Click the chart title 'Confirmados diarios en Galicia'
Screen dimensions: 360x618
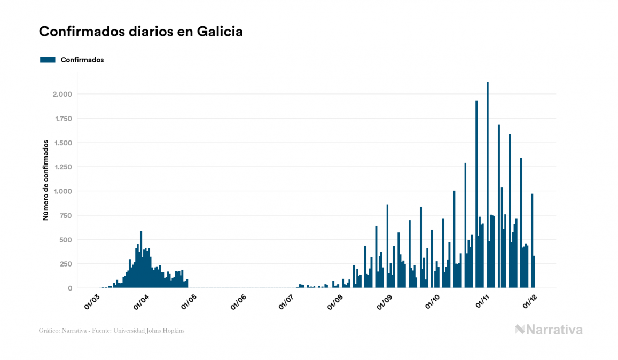(x=141, y=32)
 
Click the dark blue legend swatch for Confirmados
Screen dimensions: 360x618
(x=48, y=60)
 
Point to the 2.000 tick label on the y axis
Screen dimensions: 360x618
(x=62, y=95)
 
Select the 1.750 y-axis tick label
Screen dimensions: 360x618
(x=62, y=119)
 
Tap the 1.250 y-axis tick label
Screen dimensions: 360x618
(x=62, y=167)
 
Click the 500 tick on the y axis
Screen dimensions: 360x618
(x=65, y=240)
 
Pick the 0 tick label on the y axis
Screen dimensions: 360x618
(x=69, y=288)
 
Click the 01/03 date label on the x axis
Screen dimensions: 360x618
(x=92, y=302)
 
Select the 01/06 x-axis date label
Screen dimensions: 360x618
(x=238, y=302)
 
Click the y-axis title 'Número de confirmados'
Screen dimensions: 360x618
(x=46, y=181)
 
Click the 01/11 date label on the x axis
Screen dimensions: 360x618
(x=483, y=302)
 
